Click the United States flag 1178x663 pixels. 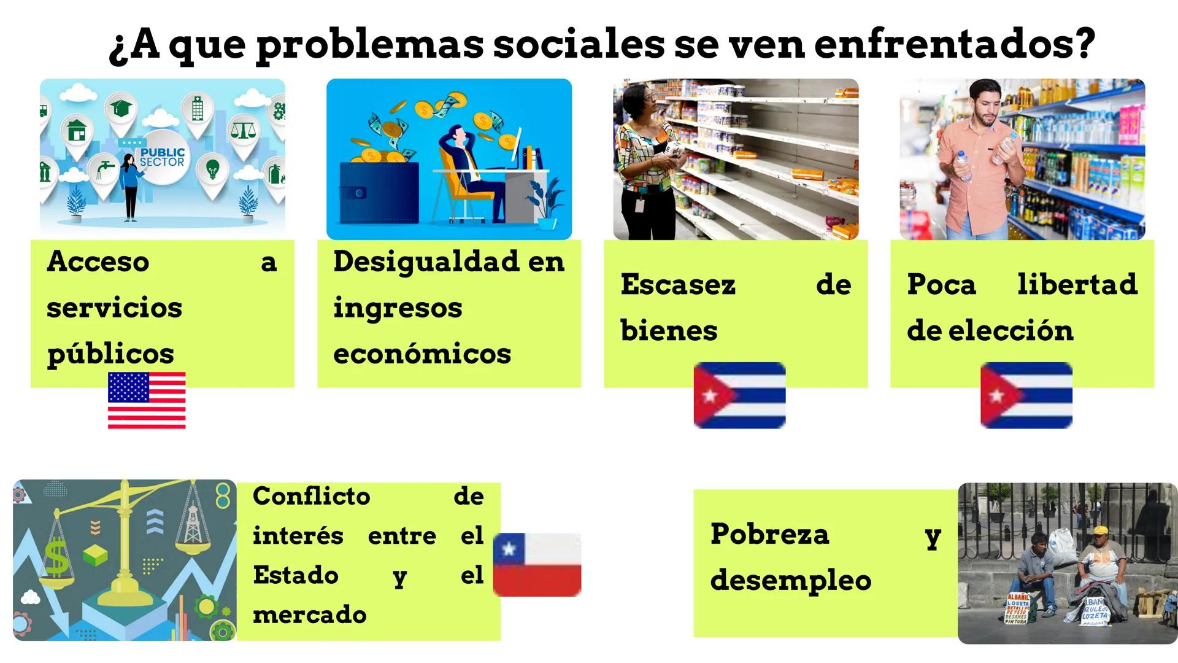click(x=147, y=400)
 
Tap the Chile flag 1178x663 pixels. click(x=537, y=564)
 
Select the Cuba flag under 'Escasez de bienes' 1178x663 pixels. click(x=739, y=395)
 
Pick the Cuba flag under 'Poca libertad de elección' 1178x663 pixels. click(x=1026, y=395)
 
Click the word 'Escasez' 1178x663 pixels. click(x=677, y=285)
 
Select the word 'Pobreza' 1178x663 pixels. click(x=769, y=534)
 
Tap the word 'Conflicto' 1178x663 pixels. click(x=311, y=496)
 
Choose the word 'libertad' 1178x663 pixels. click(x=1077, y=284)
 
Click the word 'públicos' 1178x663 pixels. click(x=110, y=354)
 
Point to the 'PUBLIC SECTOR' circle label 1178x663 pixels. click(x=161, y=157)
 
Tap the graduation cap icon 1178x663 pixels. click(x=121, y=109)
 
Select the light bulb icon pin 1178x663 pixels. click(x=212, y=168)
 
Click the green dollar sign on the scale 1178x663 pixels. click(x=56, y=556)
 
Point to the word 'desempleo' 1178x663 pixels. click(x=790, y=581)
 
